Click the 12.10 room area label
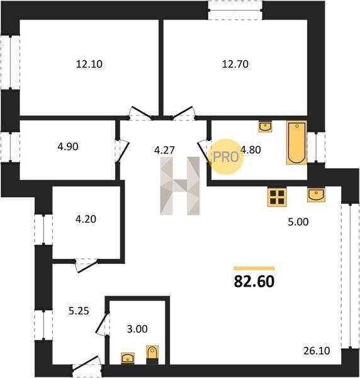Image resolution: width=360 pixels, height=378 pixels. click(x=89, y=64)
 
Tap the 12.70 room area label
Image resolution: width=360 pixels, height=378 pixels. click(x=235, y=64)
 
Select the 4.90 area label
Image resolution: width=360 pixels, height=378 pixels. click(x=68, y=147)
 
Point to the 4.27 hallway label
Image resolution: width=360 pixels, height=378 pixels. click(x=164, y=150)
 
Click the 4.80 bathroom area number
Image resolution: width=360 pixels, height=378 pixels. click(x=251, y=150)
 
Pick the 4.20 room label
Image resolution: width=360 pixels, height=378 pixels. click(x=86, y=219)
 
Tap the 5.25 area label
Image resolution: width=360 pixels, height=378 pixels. click(x=79, y=311)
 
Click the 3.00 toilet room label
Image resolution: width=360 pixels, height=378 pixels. click(x=137, y=329)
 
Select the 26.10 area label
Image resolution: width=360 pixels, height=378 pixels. click(x=317, y=351)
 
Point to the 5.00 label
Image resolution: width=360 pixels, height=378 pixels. click(x=298, y=222)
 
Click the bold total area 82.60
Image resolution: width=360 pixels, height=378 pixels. click(x=254, y=282)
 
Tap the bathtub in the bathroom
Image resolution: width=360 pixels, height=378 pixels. click(x=296, y=142)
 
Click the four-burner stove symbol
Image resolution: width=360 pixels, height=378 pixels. click(x=277, y=197)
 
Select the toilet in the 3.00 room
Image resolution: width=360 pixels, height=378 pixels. click(x=152, y=355)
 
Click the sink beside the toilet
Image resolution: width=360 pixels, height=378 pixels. click(x=128, y=358)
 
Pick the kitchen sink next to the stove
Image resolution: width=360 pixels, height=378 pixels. click(x=316, y=195)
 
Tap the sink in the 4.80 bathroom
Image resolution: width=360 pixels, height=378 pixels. click(x=266, y=127)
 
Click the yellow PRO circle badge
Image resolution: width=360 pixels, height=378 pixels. click(x=226, y=157)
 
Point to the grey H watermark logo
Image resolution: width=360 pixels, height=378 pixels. click(x=180, y=186)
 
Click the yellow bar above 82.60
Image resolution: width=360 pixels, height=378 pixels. click(x=254, y=268)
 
